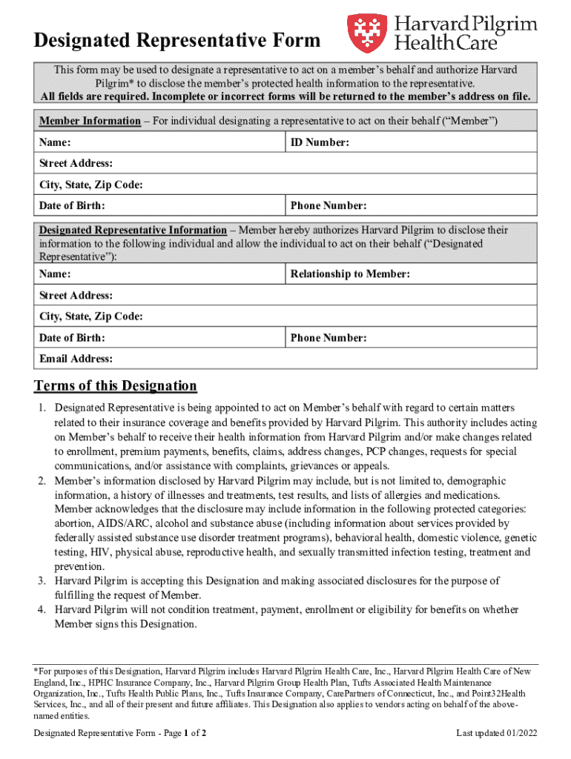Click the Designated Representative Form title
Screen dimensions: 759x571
177,40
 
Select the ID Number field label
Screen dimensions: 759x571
320,142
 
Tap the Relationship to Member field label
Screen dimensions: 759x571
350,274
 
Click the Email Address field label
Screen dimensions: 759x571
76,359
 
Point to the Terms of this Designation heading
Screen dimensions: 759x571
116,385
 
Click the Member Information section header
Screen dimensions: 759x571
89,121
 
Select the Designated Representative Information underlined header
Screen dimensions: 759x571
133,231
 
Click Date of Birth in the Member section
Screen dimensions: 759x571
72,205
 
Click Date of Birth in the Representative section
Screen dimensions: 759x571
72,338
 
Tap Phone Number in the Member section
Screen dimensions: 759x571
329,205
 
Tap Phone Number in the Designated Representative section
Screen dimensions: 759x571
329,338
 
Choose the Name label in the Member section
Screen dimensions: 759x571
55,142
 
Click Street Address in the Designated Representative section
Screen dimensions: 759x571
76,296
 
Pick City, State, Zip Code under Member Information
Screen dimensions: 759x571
90,185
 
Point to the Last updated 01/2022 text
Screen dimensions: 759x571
496,733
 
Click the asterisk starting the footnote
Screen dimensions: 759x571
36,672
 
